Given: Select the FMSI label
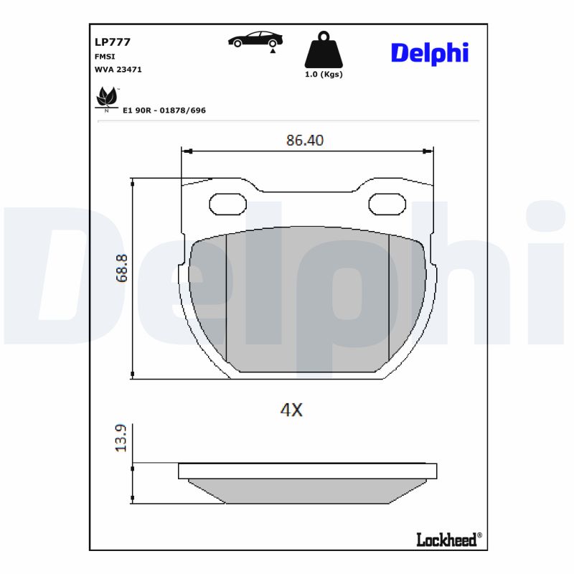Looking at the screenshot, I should pyautogui.click(x=105, y=56).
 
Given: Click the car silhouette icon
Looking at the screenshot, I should pyautogui.click(x=255, y=39).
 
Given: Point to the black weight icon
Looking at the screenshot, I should pyautogui.click(x=324, y=50).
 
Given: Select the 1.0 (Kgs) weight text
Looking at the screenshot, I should pyautogui.click(x=324, y=74).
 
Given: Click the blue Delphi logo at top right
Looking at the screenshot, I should pyautogui.click(x=429, y=52).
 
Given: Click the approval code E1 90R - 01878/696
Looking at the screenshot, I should pyautogui.click(x=164, y=110).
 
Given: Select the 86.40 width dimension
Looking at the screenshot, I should pyautogui.click(x=305, y=141).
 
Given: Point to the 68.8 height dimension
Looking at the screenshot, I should pyautogui.click(x=121, y=268).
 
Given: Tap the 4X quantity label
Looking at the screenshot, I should pyautogui.click(x=291, y=410).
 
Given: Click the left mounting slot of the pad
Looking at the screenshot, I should pyautogui.click(x=227, y=205).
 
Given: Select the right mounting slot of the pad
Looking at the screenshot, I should pyautogui.click(x=387, y=205).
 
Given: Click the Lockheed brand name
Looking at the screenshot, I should pyautogui.click(x=446, y=540).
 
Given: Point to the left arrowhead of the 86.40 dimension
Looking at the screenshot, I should pyautogui.click(x=186, y=151).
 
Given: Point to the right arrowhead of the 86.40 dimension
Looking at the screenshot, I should pyautogui.click(x=429, y=151).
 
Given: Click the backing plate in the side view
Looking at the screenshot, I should pyautogui.click(x=307, y=471).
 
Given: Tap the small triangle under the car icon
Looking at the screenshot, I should pyautogui.click(x=273, y=52).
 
